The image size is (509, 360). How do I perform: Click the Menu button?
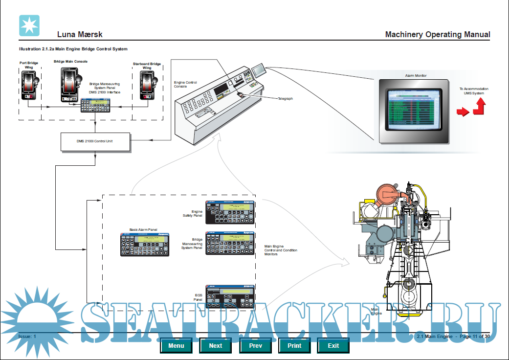point(176,345)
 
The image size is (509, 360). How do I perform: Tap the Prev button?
point(255,345)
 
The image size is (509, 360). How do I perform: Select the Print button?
point(294,345)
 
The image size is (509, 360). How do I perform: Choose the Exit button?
point(333,345)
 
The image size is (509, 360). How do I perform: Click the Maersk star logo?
point(29,25)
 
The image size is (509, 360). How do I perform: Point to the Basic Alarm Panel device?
point(145,244)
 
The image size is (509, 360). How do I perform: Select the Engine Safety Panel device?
point(230,212)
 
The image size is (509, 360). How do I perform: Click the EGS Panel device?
point(230,296)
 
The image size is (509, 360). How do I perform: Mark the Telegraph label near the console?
point(285,98)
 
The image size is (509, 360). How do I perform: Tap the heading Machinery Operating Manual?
point(437,35)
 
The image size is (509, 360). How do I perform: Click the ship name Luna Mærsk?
point(80,35)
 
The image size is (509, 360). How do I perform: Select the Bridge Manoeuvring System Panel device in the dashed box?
point(230,244)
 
